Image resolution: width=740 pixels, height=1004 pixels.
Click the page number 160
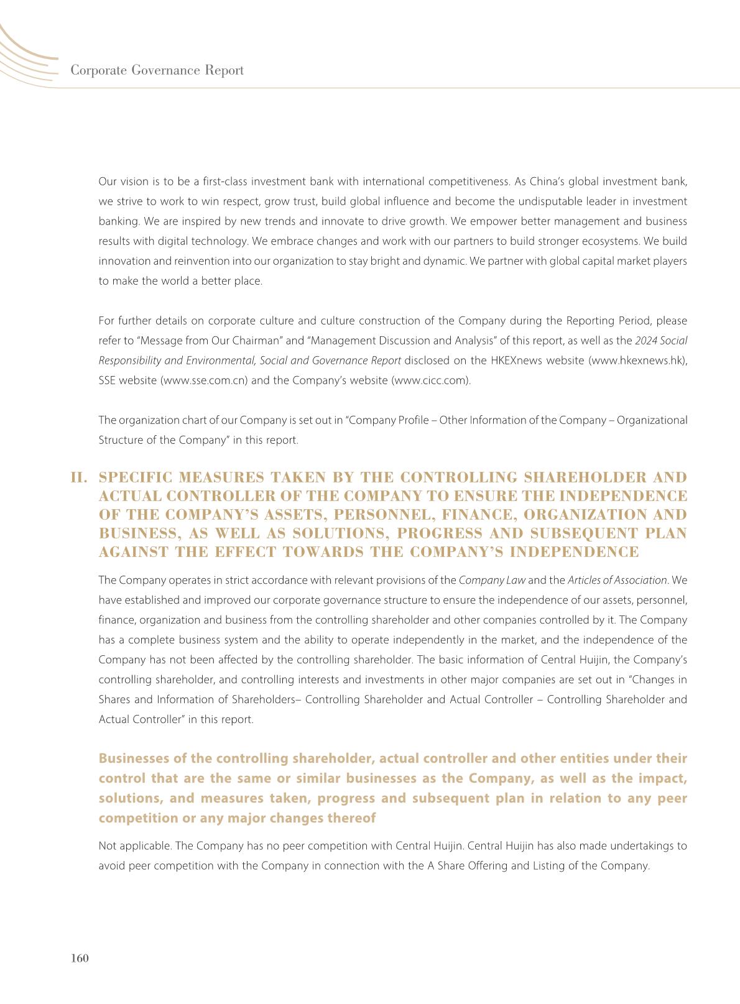pyautogui.click(x=80, y=958)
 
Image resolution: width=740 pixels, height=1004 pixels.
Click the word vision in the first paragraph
pyautogui.click(x=132, y=182)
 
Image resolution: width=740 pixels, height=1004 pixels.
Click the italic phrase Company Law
pyautogui.click(x=492, y=580)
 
